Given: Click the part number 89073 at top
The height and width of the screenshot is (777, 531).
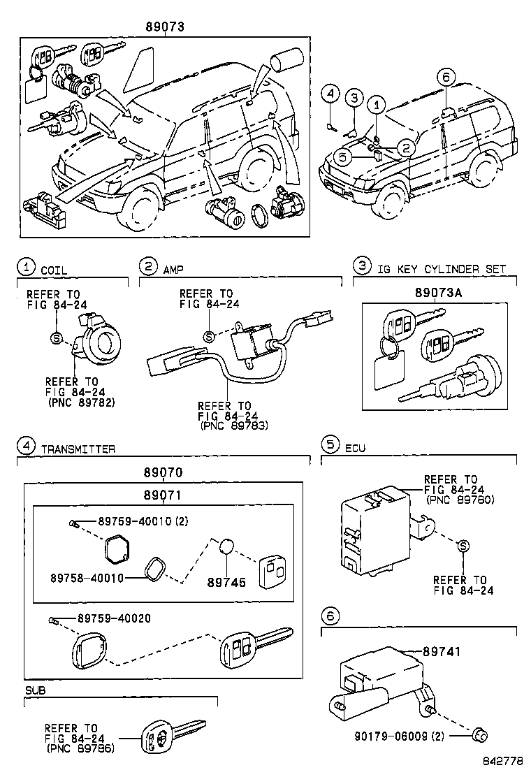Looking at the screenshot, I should (166, 27).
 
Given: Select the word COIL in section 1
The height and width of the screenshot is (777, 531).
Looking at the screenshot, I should (54, 269).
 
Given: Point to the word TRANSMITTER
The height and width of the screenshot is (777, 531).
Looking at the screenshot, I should (78, 449).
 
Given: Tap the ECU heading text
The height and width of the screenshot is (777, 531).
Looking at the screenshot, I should (355, 448).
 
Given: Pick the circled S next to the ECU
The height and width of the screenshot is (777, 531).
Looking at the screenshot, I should (463, 546).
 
